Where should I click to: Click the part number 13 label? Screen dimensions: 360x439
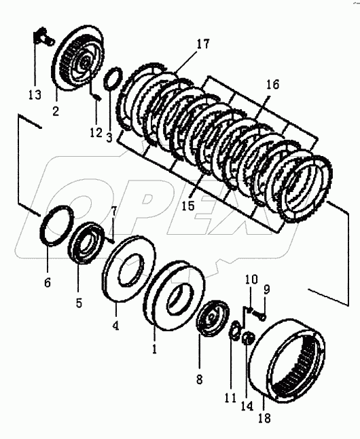coord(35,95)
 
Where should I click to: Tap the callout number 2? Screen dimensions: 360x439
coord(56,111)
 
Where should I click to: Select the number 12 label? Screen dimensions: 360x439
coord(96,132)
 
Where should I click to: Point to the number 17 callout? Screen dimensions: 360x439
coord(202,44)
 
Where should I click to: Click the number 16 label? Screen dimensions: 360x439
coord(272,84)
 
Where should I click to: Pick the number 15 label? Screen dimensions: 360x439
coord(188,206)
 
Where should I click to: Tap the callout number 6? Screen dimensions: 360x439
coord(48,282)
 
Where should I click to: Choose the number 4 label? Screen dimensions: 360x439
coord(115,325)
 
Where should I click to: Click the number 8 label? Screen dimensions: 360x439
coord(199,379)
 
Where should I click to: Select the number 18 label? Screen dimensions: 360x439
coord(264,418)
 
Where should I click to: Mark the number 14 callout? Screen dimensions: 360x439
coord(247,405)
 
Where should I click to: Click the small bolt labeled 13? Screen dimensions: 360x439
coord(43,37)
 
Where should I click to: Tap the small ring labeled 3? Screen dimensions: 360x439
coord(113,79)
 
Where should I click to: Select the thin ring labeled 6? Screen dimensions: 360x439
coord(57,225)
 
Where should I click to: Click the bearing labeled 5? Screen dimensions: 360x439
coord(86,242)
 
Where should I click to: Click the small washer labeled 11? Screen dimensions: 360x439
coord(234,330)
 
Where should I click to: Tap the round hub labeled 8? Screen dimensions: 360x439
coord(213,318)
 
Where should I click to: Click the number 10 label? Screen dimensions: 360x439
coord(251,279)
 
